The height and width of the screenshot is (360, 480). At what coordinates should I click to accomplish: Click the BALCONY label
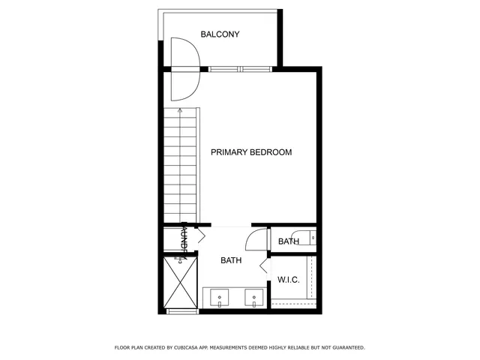pos(220,34)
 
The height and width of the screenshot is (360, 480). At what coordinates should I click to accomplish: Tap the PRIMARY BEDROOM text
pos(250,152)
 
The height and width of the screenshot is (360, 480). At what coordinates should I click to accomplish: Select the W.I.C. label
pos(289,280)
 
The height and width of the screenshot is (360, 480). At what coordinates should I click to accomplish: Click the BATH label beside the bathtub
pos(289,241)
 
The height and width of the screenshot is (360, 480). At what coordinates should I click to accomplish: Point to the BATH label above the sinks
pos(231,261)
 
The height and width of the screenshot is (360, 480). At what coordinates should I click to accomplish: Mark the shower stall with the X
pos(181,282)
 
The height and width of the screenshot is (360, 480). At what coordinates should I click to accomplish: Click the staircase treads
pos(181,165)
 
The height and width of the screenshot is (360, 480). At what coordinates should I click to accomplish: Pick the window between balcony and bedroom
pos(239,70)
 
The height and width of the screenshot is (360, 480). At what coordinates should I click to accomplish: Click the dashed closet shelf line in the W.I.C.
pos(292,301)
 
